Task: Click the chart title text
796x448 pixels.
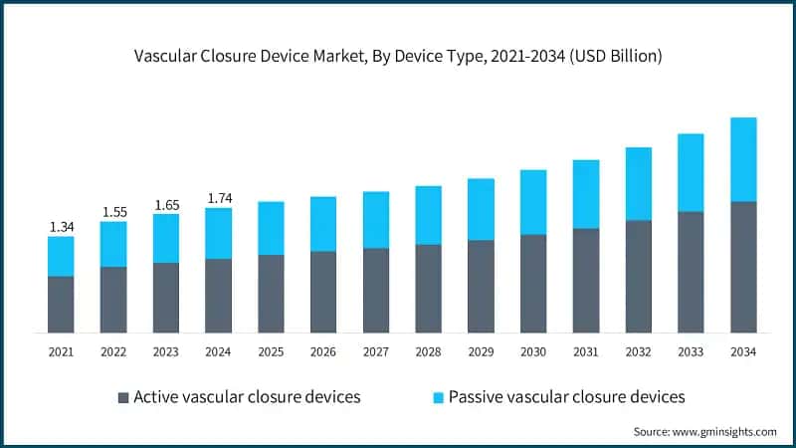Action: [398, 57]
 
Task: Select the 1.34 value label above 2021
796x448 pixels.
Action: [61, 227]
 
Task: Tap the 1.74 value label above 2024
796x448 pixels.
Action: [218, 198]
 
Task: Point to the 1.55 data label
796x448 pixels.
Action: [113, 212]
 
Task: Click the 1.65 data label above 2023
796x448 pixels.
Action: [165, 205]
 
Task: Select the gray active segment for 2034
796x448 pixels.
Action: [743, 267]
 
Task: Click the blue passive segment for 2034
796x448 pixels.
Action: [743, 159]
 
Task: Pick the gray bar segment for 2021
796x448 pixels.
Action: [61, 304]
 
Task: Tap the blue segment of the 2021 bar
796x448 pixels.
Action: [61, 256]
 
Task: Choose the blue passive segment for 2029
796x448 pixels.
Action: [481, 209]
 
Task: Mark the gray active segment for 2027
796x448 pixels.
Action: [375, 290]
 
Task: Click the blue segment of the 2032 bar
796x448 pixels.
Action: [638, 183]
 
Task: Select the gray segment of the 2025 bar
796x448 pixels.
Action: [271, 294]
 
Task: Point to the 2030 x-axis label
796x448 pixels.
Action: [533, 351]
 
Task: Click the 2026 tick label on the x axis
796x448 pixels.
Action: [323, 351]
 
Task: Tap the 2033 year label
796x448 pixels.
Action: [691, 351]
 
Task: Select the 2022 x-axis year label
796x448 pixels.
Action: [113, 351]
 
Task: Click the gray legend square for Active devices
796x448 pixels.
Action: [123, 397]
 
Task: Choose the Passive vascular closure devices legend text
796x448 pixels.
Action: [566, 396]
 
